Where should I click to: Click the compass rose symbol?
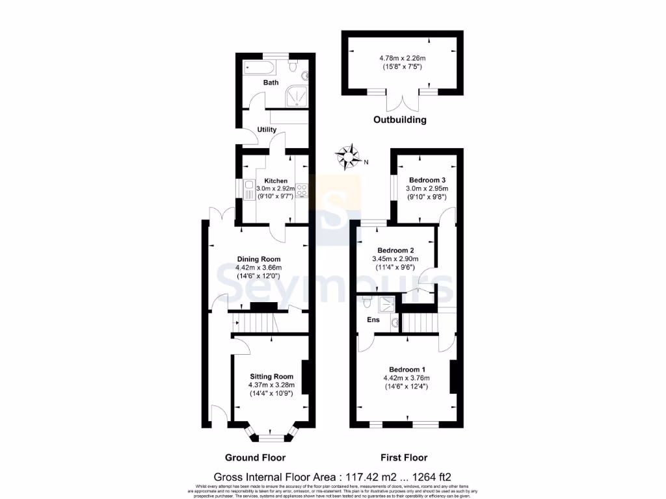[x=349, y=156]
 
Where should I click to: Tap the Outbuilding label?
[x=399, y=120]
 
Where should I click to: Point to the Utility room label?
[x=267, y=129]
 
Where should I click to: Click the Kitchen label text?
[x=276, y=181]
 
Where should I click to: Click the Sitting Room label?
[x=271, y=376]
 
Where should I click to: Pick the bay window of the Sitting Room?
[x=271, y=433]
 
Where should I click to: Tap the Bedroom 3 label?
[x=427, y=180]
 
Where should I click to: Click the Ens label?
[x=373, y=320]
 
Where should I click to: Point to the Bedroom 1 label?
[x=407, y=370]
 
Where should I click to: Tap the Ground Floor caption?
[x=255, y=457]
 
